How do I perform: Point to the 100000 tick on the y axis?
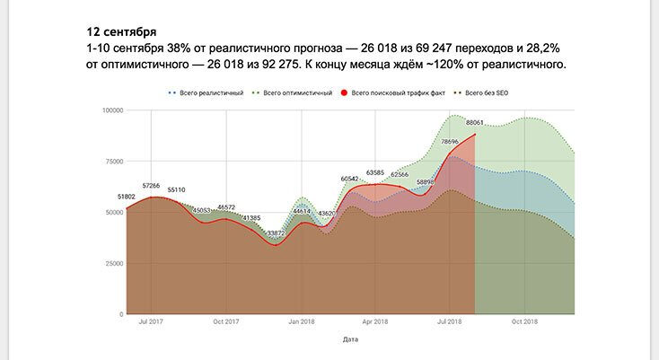(111, 110)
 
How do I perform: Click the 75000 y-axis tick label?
(113, 162)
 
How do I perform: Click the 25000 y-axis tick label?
(113, 264)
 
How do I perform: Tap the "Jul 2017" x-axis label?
(151, 321)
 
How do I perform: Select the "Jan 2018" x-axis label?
(301, 321)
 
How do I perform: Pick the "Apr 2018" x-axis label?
(374, 321)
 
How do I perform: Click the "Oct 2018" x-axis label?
(524, 321)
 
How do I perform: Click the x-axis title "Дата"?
(351, 340)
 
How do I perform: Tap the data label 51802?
(127, 197)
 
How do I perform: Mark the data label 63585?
(374, 171)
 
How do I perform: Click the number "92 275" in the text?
(275, 65)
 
